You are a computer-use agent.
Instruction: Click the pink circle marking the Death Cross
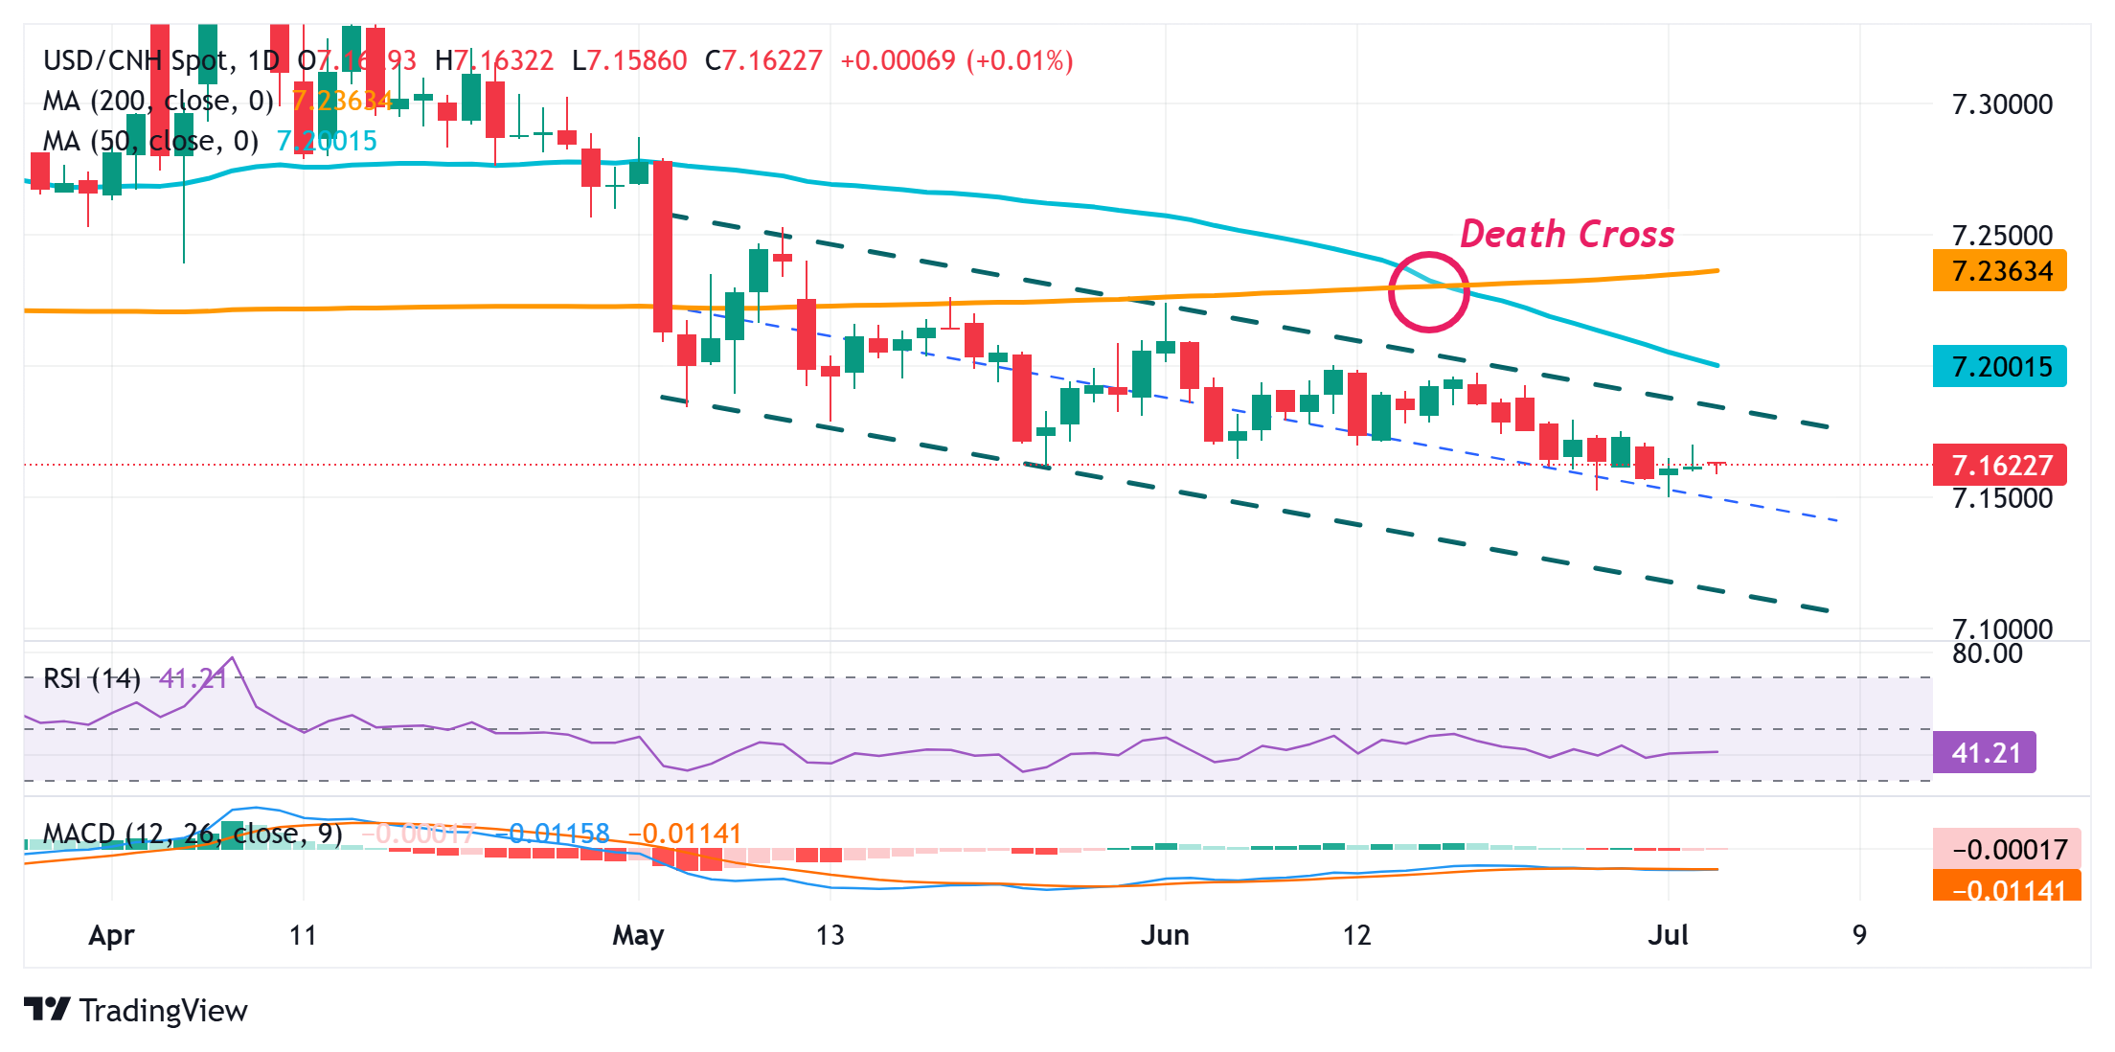click(x=1428, y=292)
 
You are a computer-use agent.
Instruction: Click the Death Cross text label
click(x=1566, y=234)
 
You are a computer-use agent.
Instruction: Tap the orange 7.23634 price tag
click(x=1999, y=271)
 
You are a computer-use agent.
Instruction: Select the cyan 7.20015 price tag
click(x=1999, y=367)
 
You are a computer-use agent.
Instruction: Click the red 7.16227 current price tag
click(x=1999, y=466)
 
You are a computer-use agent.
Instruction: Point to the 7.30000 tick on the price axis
click(x=2002, y=104)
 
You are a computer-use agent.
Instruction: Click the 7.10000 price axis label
click(x=2002, y=629)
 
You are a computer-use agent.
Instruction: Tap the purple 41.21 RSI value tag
click(x=1985, y=753)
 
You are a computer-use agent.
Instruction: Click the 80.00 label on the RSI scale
click(x=1987, y=654)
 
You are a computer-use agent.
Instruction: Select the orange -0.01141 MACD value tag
click(x=2006, y=888)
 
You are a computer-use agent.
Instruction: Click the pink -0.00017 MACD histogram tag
click(x=2006, y=850)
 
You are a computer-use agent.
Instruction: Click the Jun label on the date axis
click(x=1165, y=935)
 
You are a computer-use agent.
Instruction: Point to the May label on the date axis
click(x=638, y=935)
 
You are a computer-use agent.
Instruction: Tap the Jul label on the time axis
click(x=1668, y=935)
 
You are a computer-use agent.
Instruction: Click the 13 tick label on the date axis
click(x=830, y=935)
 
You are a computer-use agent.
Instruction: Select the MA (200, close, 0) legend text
click(x=158, y=101)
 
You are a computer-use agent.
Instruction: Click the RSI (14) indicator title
click(x=92, y=679)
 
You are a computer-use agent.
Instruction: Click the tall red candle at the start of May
click(x=662, y=247)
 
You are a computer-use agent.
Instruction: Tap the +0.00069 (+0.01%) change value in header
click(x=956, y=61)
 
